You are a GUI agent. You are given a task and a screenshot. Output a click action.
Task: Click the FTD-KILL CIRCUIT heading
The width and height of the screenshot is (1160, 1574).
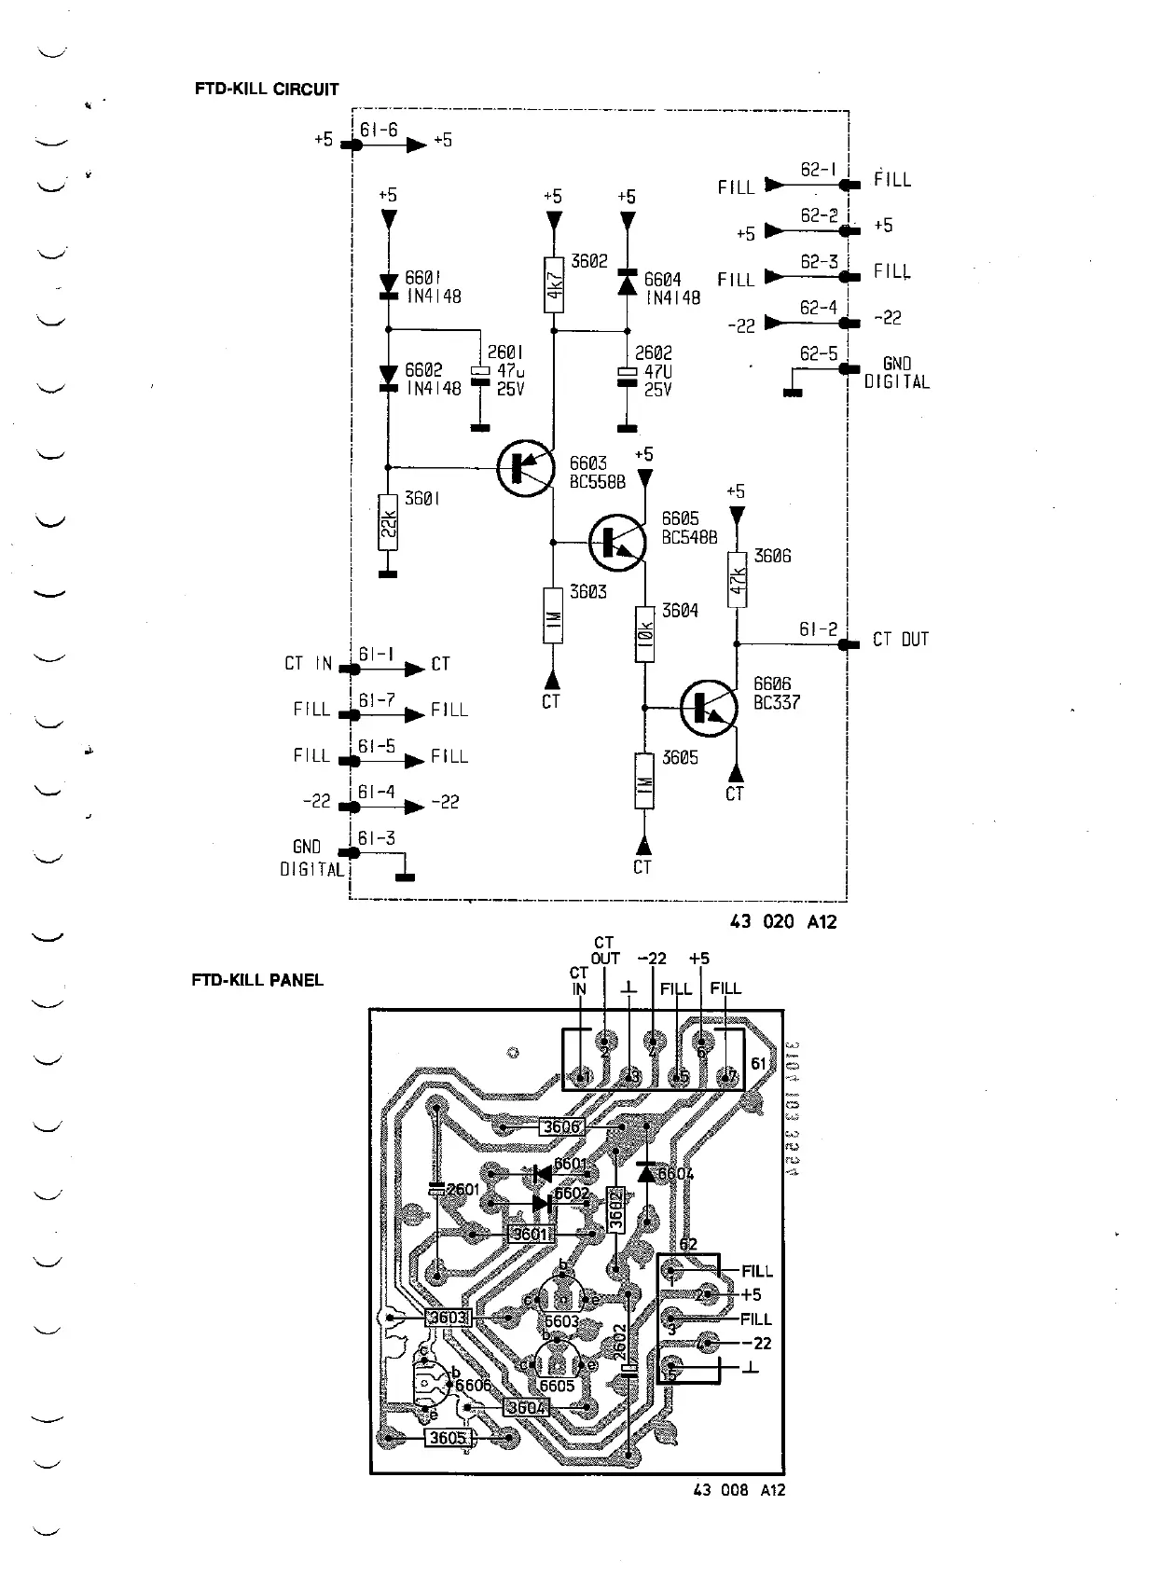click(x=267, y=90)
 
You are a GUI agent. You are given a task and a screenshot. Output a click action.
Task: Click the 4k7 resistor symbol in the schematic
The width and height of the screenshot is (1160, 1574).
click(x=554, y=283)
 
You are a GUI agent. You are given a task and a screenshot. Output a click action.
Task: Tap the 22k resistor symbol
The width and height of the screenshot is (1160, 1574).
click(x=389, y=523)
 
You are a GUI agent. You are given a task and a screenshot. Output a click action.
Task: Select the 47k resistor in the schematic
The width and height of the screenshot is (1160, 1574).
click(x=737, y=579)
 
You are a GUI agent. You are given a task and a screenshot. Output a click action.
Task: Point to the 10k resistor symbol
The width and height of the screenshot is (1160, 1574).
click(x=644, y=634)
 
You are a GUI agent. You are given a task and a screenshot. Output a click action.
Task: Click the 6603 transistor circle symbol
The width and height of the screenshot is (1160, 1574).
click(x=524, y=468)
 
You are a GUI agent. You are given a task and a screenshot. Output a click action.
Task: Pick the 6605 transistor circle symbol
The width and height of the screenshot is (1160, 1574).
click(x=616, y=541)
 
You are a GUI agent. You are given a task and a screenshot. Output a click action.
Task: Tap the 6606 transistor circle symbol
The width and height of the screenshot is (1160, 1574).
click(x=709, y=708)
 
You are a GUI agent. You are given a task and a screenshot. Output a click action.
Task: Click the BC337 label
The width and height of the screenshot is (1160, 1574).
click(x=777, y=703)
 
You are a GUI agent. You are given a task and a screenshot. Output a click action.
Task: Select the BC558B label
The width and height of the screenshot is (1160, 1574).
click(x=597, y=482)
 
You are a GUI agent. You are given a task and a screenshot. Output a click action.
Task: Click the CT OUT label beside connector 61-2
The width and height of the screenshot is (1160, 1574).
click(x=901, y=640)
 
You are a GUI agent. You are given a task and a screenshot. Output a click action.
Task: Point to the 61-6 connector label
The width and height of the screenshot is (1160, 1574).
click(x=378, y=131)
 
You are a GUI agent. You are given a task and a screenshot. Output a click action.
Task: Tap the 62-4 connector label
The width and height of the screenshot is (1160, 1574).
click(x=819, y=308)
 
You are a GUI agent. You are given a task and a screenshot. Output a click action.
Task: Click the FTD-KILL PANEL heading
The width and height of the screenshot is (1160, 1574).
click(x=257, y=980)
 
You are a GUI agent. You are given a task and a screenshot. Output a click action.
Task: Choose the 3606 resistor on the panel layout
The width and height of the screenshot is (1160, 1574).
click(x=562, y=1126)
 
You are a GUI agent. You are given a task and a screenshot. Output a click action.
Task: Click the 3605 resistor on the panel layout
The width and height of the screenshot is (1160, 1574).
click(x=448, y=1438)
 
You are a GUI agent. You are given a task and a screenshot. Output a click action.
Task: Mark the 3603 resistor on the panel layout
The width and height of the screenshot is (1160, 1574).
click(x=447, y=1318)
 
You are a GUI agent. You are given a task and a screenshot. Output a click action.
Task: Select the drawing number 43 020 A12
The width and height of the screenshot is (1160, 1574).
click(x=783, y=921)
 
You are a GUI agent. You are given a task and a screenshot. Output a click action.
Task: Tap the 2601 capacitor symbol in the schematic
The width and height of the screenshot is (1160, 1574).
click(x=479, y=372)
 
